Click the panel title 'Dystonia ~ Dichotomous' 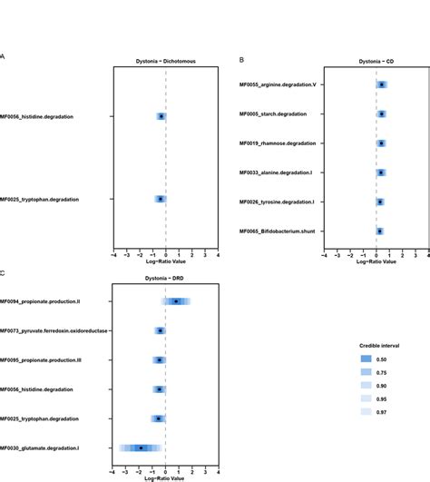tap(165, 62)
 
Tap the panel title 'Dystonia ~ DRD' tap(165, 279)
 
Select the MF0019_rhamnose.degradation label tap(277, 143)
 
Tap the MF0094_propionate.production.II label tap(53, 301)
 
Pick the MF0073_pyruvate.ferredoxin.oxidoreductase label tap(53, 331)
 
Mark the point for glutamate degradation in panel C tap(141, 448)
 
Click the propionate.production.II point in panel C tap(176, 301)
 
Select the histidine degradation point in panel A tap(161, 116)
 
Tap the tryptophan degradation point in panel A tap(161, 199)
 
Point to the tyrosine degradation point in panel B tap(380, 202)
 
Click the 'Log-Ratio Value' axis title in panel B tap(376, 262)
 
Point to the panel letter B tap(241, 59)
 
